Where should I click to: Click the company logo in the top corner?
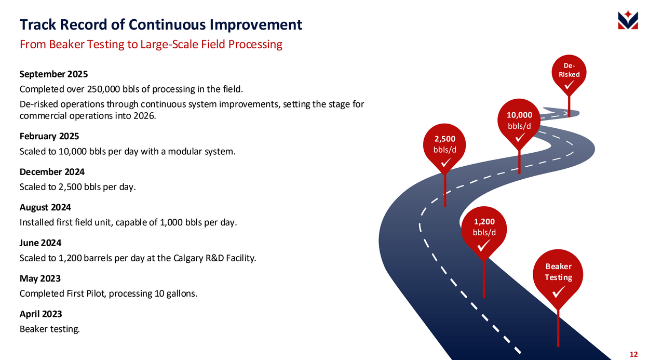628,20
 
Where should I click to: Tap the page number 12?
633,354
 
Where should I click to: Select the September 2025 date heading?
53,74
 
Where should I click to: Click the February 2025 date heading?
49,136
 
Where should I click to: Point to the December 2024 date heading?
52,172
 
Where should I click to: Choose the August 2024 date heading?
45,208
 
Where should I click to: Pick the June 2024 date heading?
40,243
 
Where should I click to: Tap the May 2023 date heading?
40,278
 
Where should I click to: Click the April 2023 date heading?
41,314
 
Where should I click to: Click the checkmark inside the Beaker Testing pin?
558,291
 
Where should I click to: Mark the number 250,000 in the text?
104,89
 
